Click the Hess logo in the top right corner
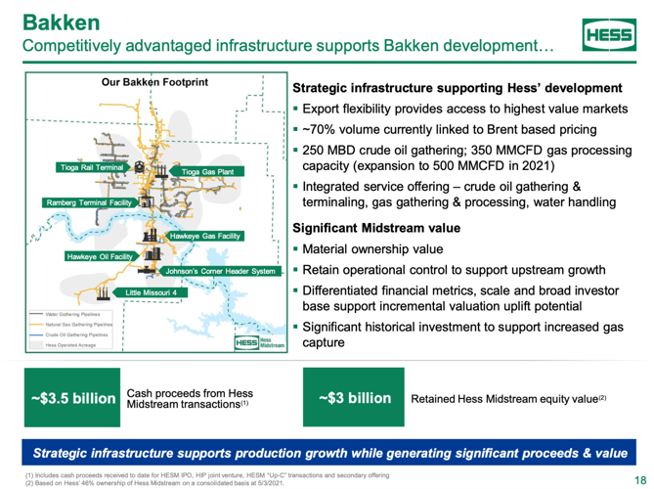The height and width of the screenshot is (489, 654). [606, 36]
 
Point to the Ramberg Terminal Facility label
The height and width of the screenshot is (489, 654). [88, 202]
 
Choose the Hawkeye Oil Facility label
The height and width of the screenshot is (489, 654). [99, 256]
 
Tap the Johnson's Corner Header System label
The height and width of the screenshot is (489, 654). [221, 271]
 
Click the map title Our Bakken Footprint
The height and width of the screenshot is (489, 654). [154, 83]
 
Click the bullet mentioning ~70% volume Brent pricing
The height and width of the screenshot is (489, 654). [464, 130]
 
